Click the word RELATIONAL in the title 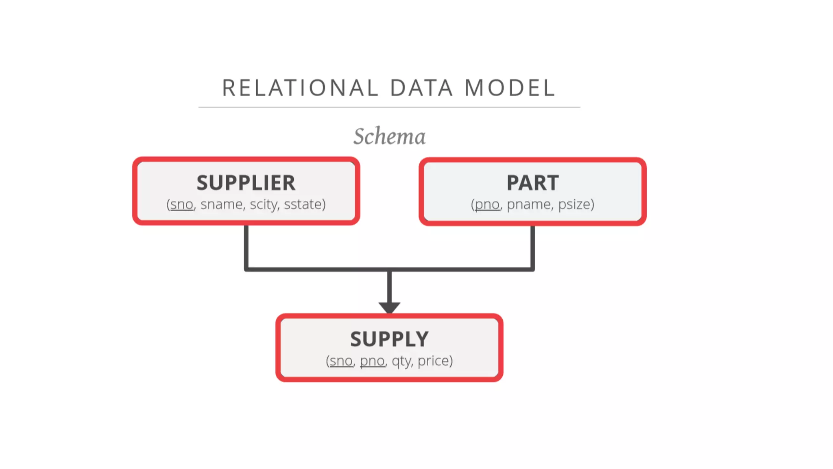tap(300, 88)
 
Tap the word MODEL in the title tap(510, 88)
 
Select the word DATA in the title tap(421, 88)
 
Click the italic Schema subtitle tap(389, 136)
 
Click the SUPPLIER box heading tap(246, 183)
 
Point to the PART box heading tap(532, 183)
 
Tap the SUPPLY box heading tap(389, 339)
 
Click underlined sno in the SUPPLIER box tap(181, 204)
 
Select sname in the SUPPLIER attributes tap(222, 204)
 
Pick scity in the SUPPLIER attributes tap(264, 204)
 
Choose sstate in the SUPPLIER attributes tap(303, 204)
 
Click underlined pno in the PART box tap(487, 204)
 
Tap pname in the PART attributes tap(528, 204)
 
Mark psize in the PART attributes tap(575, 204)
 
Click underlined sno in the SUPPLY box tap(341, 361)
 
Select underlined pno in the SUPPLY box tap(372, 361)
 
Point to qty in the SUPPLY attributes tap(401, 361)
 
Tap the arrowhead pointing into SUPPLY tap(389, 307)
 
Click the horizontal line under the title tap(389, 107)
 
